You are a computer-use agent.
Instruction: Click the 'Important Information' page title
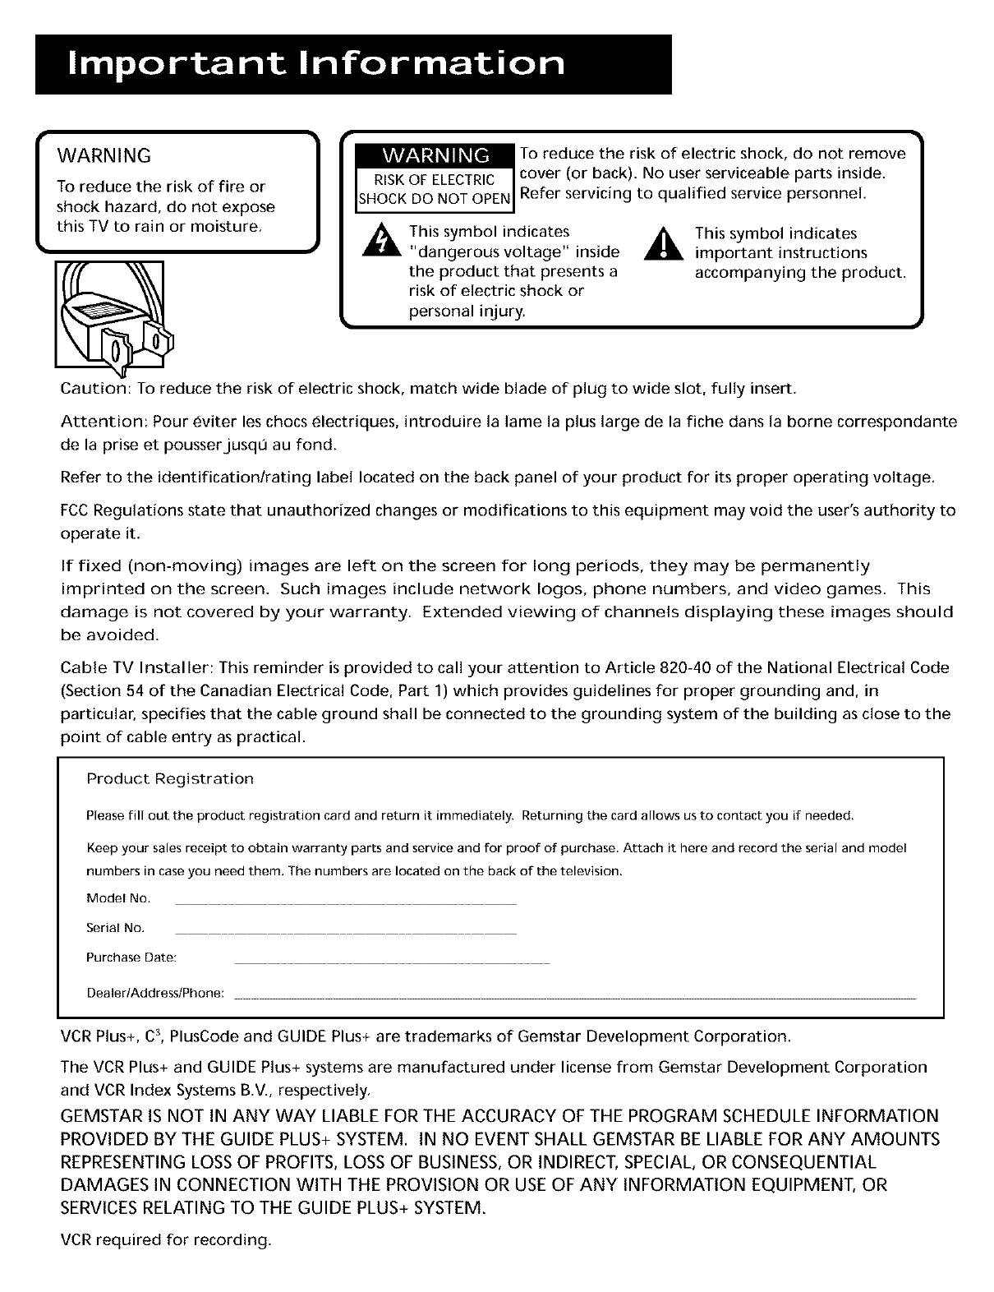click(x=319, y=65)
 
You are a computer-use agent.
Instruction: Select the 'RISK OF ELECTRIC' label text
click(x=435, y=180)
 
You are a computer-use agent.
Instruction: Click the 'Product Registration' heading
click(x=170, y=778)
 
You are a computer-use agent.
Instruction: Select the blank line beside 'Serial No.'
click(x=346, y=934)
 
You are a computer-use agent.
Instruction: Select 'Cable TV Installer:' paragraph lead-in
click(x=138, y=668)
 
